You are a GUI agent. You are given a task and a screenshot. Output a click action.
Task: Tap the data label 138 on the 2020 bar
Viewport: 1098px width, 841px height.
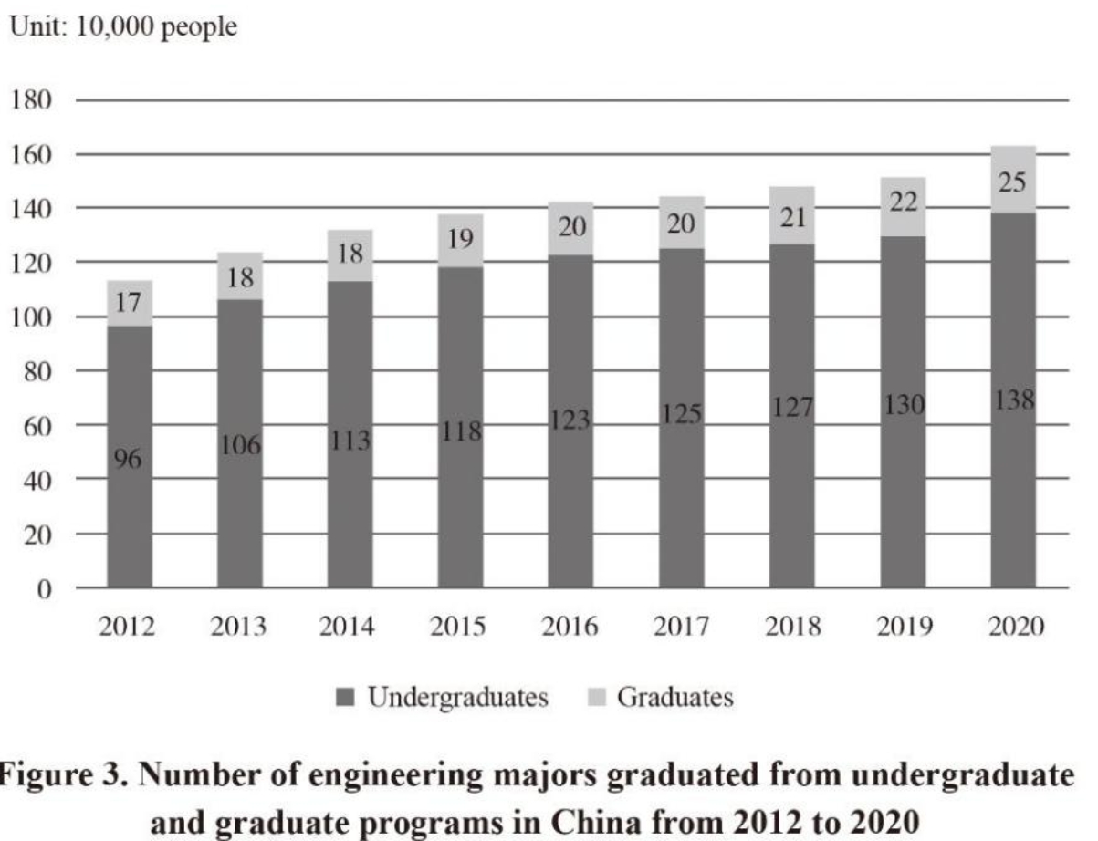[x=1012, y=401]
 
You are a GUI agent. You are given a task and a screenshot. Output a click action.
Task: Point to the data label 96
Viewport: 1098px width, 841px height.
[x=128, y=460]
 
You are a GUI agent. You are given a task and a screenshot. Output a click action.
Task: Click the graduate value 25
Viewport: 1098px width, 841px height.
[x=1012, y=182]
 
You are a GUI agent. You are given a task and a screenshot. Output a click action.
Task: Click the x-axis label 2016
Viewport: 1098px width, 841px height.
[x=570, y=628]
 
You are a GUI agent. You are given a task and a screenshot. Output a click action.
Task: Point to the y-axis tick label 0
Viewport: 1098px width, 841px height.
[x=43, y=588]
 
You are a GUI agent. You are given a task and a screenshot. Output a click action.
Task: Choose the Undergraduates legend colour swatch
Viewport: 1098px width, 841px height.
[x=346, y=699]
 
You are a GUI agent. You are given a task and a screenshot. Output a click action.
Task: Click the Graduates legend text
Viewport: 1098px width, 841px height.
[x=674, y=698]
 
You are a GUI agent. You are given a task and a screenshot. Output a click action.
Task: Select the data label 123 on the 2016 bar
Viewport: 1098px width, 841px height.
[x=570, y=421]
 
